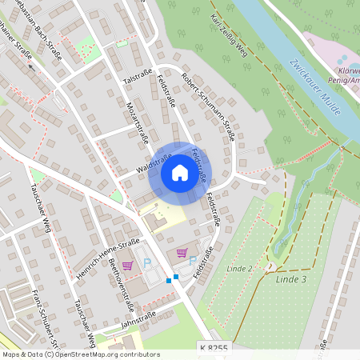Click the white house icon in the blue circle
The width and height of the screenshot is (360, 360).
(180, 173)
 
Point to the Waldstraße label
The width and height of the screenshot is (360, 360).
(155, 162)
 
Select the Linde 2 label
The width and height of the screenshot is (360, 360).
(239, 267)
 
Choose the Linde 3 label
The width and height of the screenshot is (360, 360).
(291, 278)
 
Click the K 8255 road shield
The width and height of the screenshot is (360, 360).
(212, 349)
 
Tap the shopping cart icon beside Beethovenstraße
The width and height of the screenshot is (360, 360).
(127, 266)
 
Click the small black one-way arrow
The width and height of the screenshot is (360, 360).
(34, 67)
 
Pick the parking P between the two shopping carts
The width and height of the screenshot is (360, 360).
(146, 262)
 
